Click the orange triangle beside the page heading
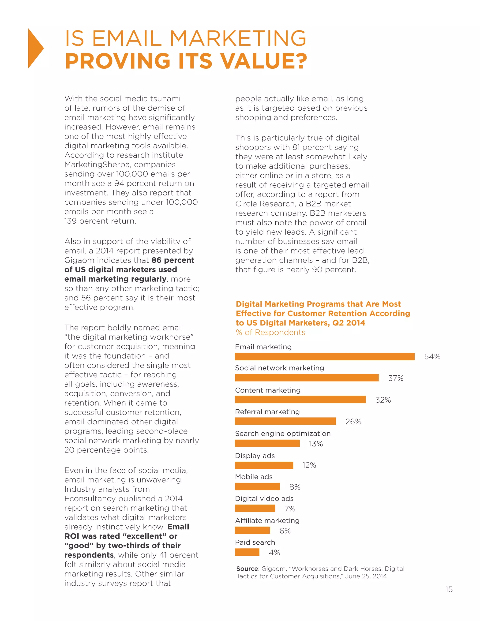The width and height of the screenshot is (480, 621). click(35, 49)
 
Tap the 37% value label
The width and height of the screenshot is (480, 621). click(396, 378)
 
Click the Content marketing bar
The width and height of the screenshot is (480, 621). click(300, 400)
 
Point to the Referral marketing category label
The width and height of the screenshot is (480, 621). click(267, 412)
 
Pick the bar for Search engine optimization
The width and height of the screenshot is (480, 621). click(267, 443)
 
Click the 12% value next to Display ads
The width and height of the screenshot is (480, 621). click(309, 465)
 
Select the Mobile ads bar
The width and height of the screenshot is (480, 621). click(257, 486)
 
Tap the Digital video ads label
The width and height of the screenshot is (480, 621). click(264, 498)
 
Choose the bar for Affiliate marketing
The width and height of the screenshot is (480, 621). click(252, 530)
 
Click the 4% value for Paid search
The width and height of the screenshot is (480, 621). click(274, 553)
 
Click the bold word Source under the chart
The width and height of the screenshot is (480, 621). click(247, 569)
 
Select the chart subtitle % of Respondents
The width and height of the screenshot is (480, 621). click(270, 332)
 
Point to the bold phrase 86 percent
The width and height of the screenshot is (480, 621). click(173, 260)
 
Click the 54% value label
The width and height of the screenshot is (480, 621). click(432, 357)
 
